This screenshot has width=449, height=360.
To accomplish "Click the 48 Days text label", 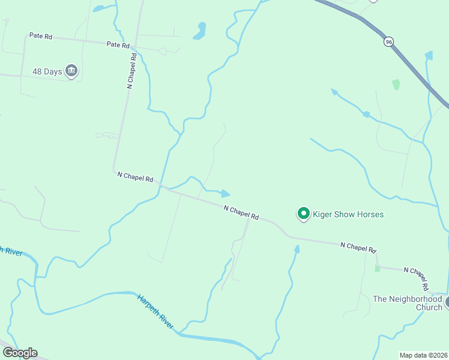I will point(47,71).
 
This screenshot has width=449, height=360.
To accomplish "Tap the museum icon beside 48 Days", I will point(71,71).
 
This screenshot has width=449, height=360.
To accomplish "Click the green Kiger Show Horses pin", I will point(304,214).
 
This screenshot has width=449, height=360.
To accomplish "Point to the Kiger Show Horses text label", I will point(348,214).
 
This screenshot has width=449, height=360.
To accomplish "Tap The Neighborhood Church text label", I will point(408,303).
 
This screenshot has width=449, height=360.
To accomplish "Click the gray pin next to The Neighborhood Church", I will point(447,304).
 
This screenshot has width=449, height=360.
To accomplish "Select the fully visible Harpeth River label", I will point(155,311).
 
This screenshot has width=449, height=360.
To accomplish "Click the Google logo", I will point(20,353).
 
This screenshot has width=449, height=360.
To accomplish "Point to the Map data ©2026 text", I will point(423,355).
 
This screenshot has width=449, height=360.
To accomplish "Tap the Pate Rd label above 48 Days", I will point(41,36).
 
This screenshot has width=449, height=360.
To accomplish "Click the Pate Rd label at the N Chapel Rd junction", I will point(118,44).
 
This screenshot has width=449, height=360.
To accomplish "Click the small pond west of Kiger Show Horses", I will point(225,193).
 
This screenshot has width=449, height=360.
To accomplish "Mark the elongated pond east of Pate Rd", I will point(200,31).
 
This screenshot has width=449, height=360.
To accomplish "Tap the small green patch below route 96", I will point(396,85).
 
